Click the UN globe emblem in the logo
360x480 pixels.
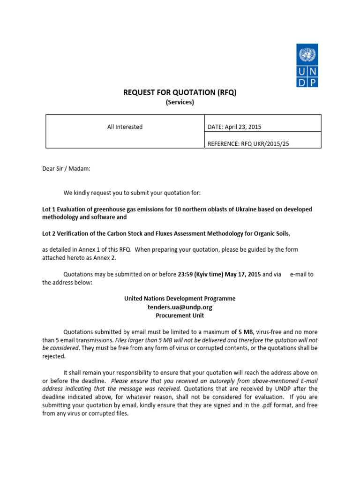tap(307, 55)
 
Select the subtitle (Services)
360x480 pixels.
tap(180, 102)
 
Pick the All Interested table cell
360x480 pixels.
tap(125, 127)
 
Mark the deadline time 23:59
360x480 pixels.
tap(186, 275)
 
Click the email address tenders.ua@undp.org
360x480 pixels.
tap(180, 307)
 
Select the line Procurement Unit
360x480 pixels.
tap(180, 315)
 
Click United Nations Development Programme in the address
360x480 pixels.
tap(180, 299)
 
